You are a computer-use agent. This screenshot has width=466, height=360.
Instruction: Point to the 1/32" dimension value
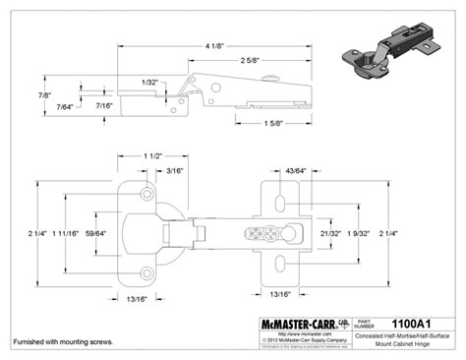[x=149, y=82]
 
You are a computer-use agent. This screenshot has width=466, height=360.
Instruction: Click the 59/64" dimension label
[x=95, y=233]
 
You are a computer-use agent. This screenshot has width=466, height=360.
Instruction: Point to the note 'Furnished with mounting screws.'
[x=62, y=341]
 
